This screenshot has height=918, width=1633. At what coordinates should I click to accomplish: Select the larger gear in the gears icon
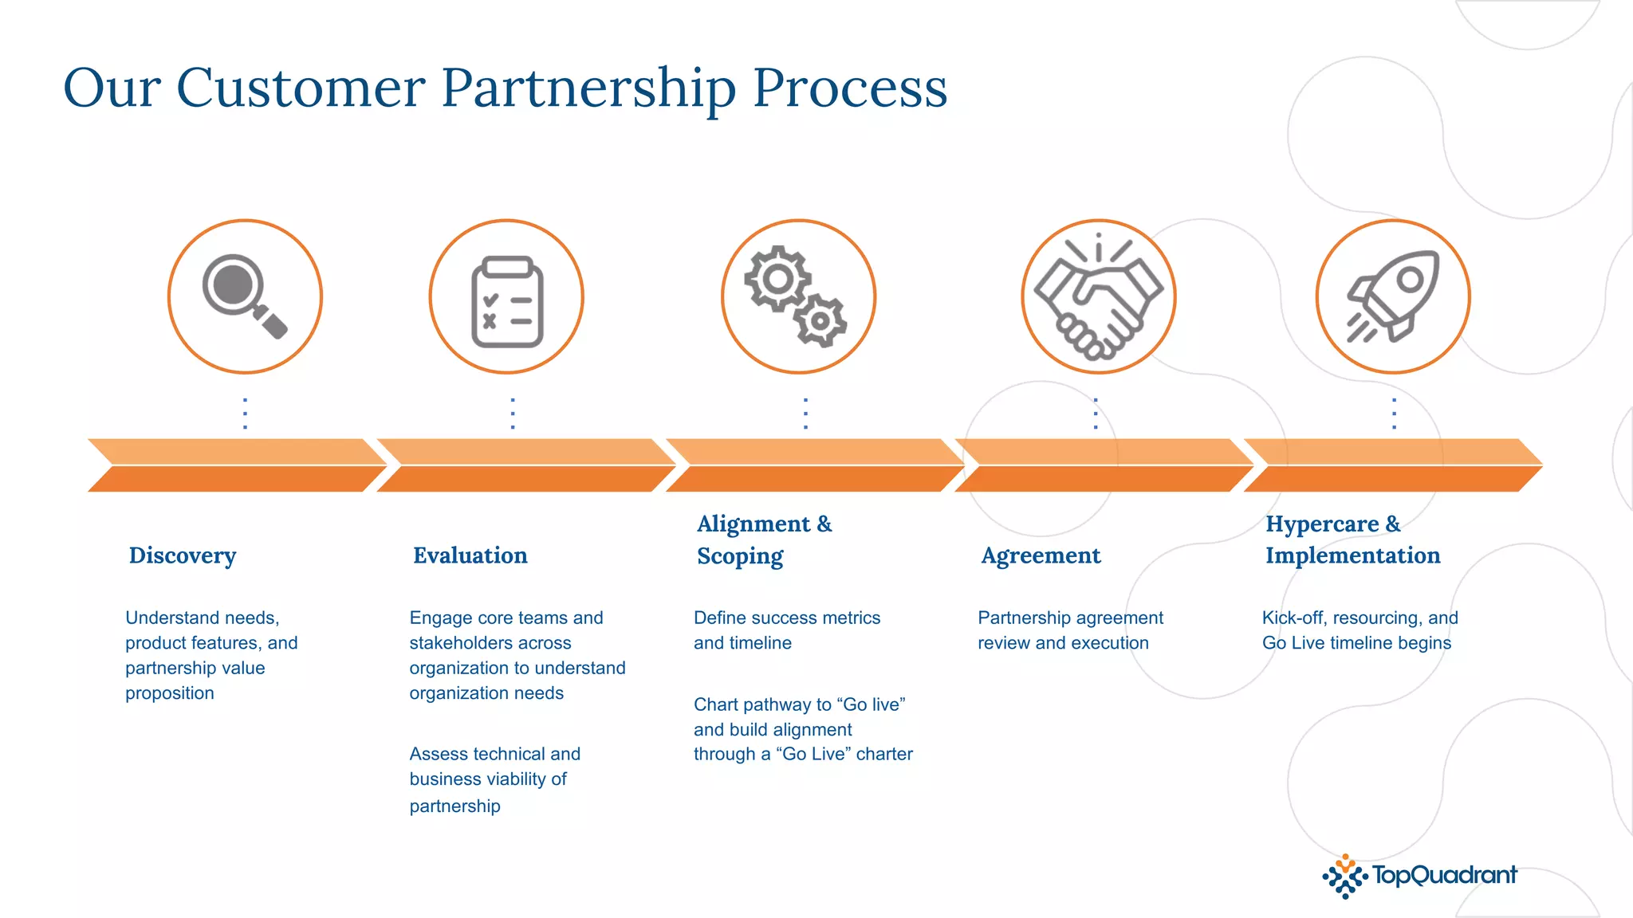(x=777, y=279)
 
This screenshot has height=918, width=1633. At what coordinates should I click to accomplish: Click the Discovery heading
(x=183, y=555)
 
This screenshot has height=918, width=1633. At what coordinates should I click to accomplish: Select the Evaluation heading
(x=470, y=555)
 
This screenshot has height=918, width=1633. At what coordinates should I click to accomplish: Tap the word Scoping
(x=740, y=556)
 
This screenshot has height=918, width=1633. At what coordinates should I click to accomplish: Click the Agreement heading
(x=1041, y=555)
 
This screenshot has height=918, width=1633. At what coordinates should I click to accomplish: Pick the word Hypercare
(x=1322, y=524)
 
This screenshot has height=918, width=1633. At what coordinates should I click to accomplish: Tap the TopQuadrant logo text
(x=1444, y=875)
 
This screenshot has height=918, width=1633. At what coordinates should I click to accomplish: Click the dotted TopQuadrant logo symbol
(x=1345, y=877)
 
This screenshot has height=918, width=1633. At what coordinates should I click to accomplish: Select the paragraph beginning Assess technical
(x=494, y=779)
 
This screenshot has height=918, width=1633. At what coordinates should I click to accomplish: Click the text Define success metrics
(x=787, y=618)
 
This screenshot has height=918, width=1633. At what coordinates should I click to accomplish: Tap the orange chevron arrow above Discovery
(x=237, y=465)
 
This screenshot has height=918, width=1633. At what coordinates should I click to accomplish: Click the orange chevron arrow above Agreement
(x=1104, y=465)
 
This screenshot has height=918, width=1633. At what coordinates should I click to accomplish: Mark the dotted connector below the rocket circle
(x=1394, y=414)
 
